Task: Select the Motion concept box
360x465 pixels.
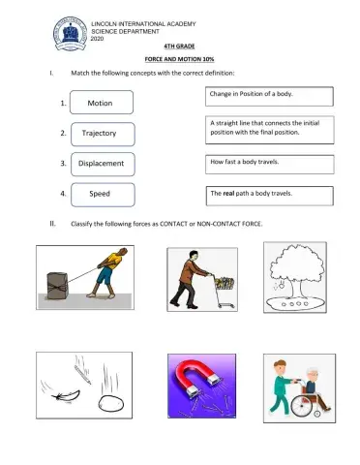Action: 101,103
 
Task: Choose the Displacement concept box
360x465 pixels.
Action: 101,164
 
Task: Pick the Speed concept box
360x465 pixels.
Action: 101,194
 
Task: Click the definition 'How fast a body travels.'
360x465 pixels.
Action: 270,164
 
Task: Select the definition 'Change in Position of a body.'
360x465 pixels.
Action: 270,96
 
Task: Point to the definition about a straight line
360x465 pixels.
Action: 270,128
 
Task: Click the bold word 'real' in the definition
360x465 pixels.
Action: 230,194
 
